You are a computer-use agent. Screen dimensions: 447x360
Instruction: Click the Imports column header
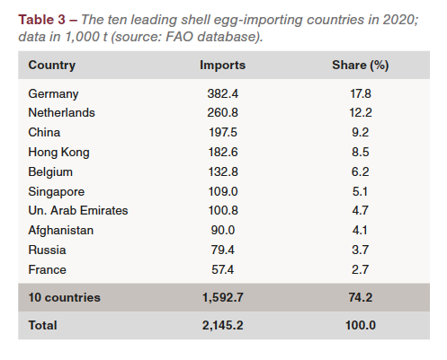222,66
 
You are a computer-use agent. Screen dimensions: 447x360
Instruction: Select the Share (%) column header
361,66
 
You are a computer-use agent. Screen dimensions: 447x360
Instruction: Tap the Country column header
52,66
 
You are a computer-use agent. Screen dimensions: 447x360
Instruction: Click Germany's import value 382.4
223,93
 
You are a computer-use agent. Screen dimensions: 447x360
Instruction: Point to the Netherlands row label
61,113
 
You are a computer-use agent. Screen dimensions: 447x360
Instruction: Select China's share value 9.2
360,132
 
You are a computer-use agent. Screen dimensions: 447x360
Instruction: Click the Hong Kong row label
58,153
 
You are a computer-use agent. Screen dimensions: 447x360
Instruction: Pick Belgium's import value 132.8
223,171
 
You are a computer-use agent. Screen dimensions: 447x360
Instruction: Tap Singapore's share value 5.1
360,191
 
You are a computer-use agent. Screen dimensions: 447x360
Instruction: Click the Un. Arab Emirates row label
78,211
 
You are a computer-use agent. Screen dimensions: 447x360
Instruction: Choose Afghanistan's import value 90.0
223,230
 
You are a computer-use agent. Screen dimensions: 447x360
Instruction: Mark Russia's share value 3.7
360,250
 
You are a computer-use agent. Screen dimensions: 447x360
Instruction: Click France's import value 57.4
222,269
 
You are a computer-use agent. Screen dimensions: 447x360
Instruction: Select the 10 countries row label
65,297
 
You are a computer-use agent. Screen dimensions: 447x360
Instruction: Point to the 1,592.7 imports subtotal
223,297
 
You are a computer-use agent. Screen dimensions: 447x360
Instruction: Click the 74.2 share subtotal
361,297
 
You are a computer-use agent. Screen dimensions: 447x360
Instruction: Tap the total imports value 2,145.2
223,325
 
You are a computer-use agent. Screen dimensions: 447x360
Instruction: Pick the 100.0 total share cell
361,325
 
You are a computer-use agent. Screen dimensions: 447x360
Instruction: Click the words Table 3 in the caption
41,20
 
